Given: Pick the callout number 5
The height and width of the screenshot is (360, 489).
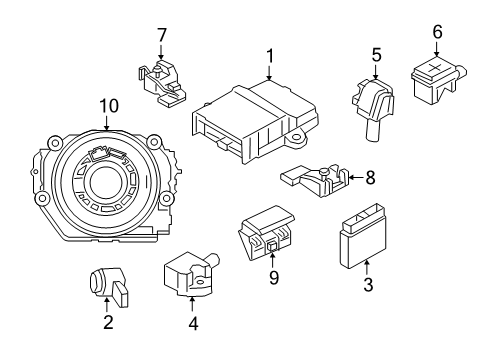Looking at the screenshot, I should pos(376,54).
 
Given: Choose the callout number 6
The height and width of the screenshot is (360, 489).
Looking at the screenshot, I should pos(437,32).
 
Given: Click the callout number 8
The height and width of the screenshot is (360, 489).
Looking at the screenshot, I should pos(370,179).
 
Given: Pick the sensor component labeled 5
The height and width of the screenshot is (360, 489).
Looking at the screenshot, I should pos(373,99).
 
